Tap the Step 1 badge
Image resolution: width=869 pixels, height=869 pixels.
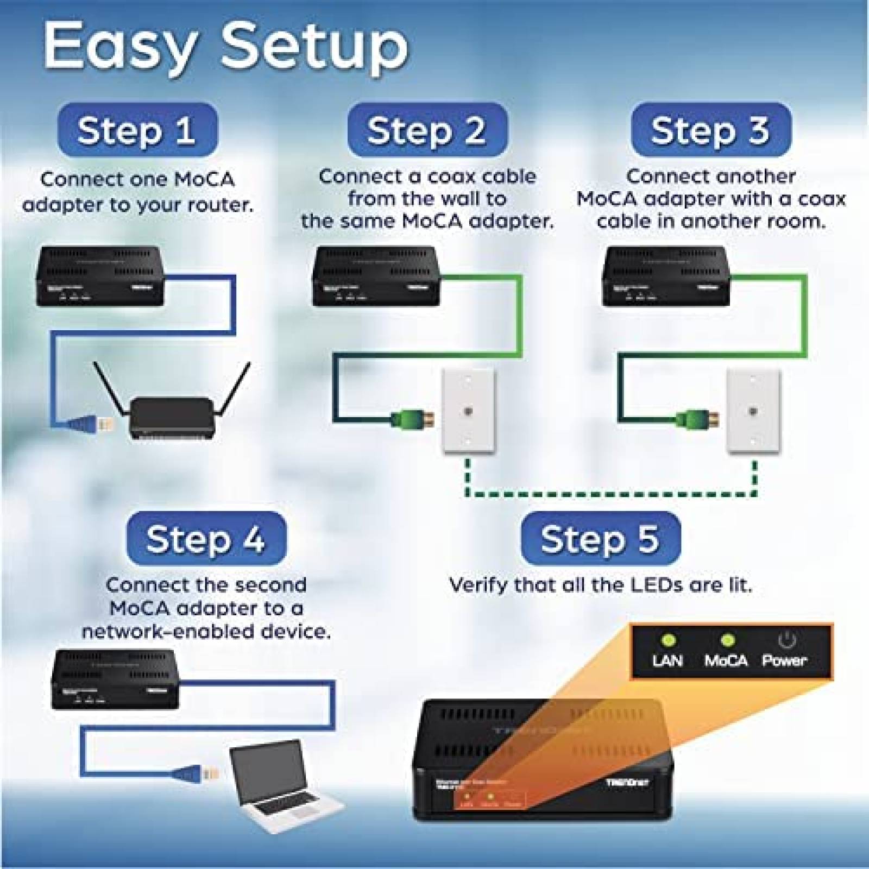(137, 130)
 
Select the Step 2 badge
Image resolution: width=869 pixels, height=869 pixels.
(427, 130)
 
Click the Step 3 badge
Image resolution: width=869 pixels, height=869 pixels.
(710, 130)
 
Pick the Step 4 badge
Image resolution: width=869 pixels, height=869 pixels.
(206, 539)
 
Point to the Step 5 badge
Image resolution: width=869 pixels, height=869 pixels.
(600, 539)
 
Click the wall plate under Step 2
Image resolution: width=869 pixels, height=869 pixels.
(468, 411)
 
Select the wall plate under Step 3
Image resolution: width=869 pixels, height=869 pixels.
(753, 411)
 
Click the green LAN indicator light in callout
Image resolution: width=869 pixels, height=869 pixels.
(668, 640)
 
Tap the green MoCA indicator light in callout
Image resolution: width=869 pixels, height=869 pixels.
(726, 640)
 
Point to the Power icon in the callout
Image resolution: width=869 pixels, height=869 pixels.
(786, 640)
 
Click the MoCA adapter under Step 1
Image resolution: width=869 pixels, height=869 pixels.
(100, 275)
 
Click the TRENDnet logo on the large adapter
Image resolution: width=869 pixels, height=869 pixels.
(627, 783)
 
